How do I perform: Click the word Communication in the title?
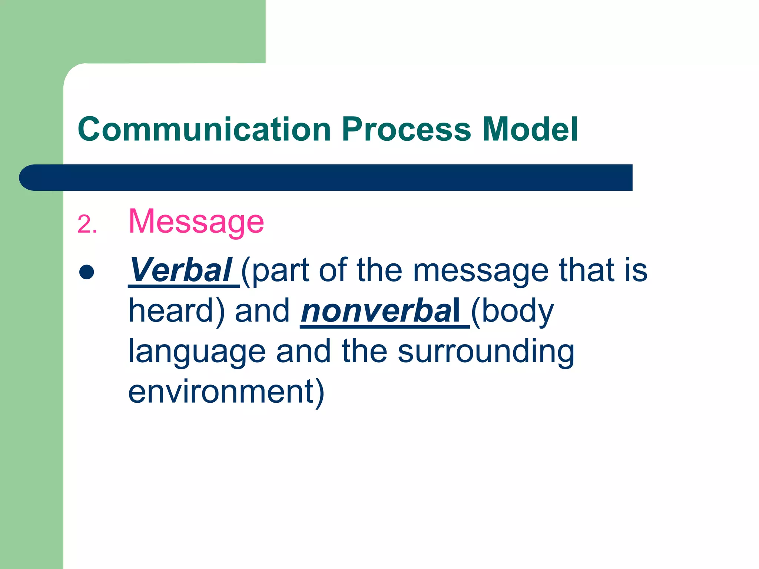204,129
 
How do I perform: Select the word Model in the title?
530,129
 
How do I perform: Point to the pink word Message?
196,222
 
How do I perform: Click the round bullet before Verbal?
87,272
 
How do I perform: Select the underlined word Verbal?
181,270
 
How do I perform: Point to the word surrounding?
486,352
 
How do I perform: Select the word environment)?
226,393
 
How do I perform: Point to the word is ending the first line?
636,270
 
